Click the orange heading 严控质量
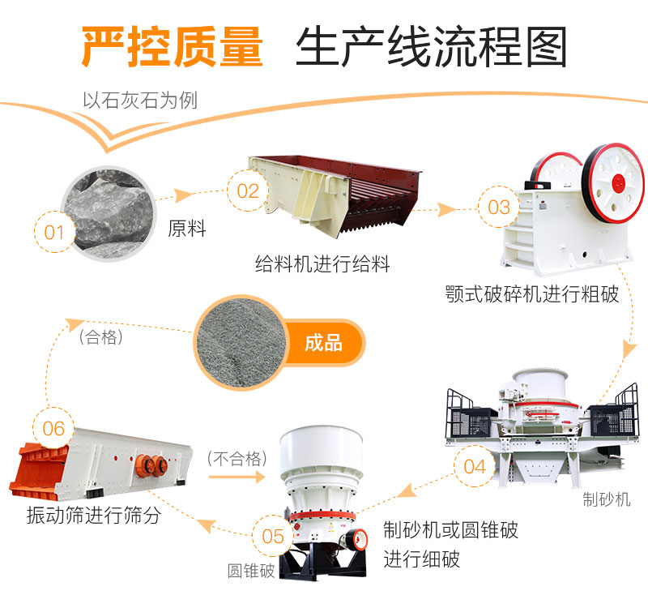[x=172, y=47]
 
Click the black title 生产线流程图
[x=431, y=47]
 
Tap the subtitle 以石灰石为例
[x=140, y=101]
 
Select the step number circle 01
[x=54, y=233]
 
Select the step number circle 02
[x=248, y=191]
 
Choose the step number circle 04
[x=475, y=466]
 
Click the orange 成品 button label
[x=323, y=342]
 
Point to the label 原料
[x=187, y=229]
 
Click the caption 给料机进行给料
[x=322, y=263]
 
